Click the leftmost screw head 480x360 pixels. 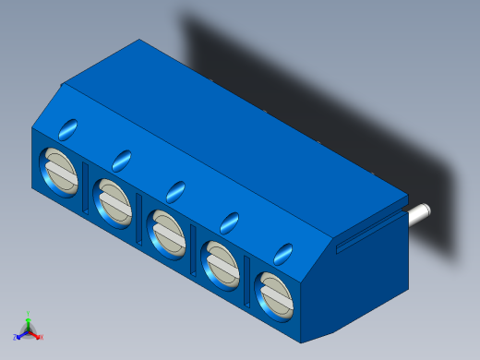pos(59,171)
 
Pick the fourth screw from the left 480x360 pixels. pos(222,261)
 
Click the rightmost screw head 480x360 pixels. pos(275,292)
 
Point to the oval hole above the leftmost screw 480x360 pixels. pos(68,128)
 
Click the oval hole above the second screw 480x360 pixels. pos(122,159)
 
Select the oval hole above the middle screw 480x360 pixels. pos(175,190)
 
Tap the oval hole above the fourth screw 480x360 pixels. pos(229,222)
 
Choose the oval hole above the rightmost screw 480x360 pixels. pos(283,252)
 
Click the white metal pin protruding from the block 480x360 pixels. pos(420,212)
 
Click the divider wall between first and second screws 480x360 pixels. pos(86,185)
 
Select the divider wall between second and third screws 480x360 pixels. pos(139,215)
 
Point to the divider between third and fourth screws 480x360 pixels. pos(194,247)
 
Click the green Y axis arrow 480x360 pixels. pos(29,318)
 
